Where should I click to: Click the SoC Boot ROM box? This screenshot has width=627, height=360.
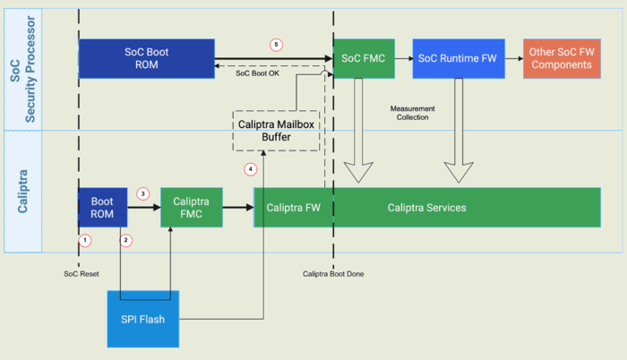pos(146,58)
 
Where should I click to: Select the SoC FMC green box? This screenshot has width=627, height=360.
pos(364,58)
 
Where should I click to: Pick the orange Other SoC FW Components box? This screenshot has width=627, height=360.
pos(562,58)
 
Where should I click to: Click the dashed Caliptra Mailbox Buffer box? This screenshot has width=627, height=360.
pos(276,132)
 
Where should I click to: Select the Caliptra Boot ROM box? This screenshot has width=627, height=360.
pos(102,208)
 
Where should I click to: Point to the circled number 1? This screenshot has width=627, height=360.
pos(85,240)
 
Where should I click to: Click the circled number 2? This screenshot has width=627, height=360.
pos(126,240)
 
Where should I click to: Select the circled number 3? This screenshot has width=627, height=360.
pos(142,193)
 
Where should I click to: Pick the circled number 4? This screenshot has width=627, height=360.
pos(251,168)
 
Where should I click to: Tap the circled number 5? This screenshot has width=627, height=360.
pos(277,44)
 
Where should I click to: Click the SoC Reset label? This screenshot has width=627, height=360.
pos(82,273)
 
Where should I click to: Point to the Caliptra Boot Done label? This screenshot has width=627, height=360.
pos(333,273)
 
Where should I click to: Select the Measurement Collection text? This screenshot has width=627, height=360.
pos(413,113)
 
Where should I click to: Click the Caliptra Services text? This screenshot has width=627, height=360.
pos(426,208)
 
